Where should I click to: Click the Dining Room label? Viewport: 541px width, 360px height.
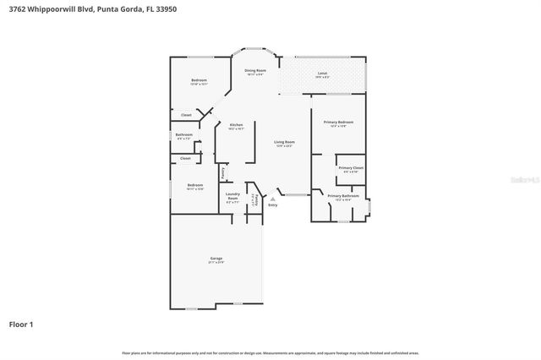(255, 72)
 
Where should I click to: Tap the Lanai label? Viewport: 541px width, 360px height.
(322, 74)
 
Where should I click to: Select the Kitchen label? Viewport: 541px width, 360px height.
(236, 126)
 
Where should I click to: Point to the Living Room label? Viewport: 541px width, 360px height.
(284, 143)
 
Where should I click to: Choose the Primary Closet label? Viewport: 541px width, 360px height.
(350, 169)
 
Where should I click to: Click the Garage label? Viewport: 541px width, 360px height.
(216, 259)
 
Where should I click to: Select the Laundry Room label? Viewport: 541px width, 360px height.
(232, 199)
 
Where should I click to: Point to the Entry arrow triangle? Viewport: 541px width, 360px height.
(272, 198)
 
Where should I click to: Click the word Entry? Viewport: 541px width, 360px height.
(272, 205)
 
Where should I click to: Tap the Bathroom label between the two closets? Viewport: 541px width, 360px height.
(184, 136)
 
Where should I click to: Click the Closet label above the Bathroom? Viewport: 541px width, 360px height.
(186, 115)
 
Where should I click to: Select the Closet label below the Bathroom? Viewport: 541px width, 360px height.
(185, 158)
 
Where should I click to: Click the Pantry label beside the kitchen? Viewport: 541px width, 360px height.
(223, 172)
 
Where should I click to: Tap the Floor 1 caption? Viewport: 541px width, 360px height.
(22, 323)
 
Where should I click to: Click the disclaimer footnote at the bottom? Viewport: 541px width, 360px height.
(270, 352)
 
